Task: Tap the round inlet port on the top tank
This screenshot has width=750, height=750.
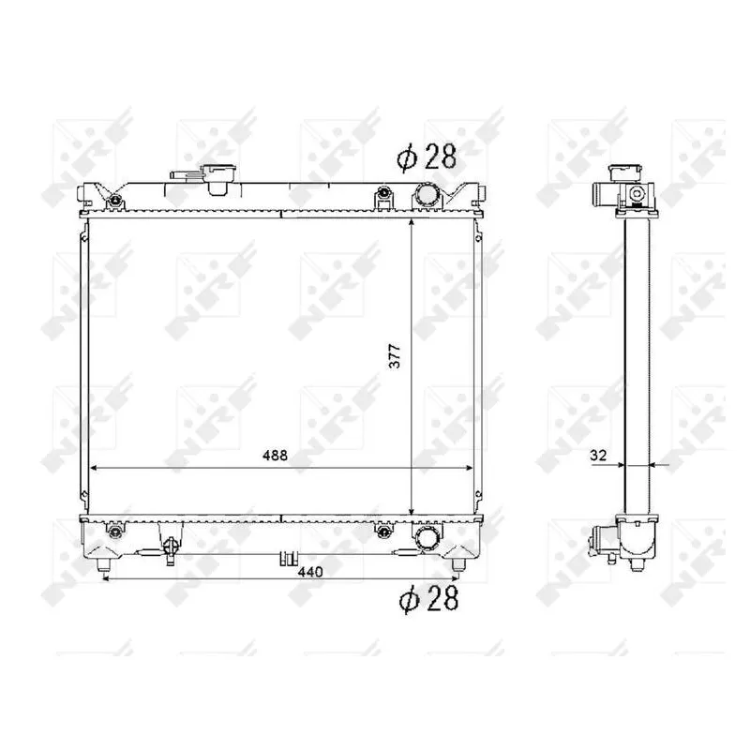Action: (427, 196)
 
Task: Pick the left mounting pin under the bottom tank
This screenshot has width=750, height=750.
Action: (102, 565)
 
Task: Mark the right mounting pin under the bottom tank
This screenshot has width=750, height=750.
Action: (457, 565)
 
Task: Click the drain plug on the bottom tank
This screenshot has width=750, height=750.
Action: (169, 550)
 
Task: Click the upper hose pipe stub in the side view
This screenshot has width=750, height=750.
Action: (601, 197)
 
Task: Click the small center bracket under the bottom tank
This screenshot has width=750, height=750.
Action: (282, 560)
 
